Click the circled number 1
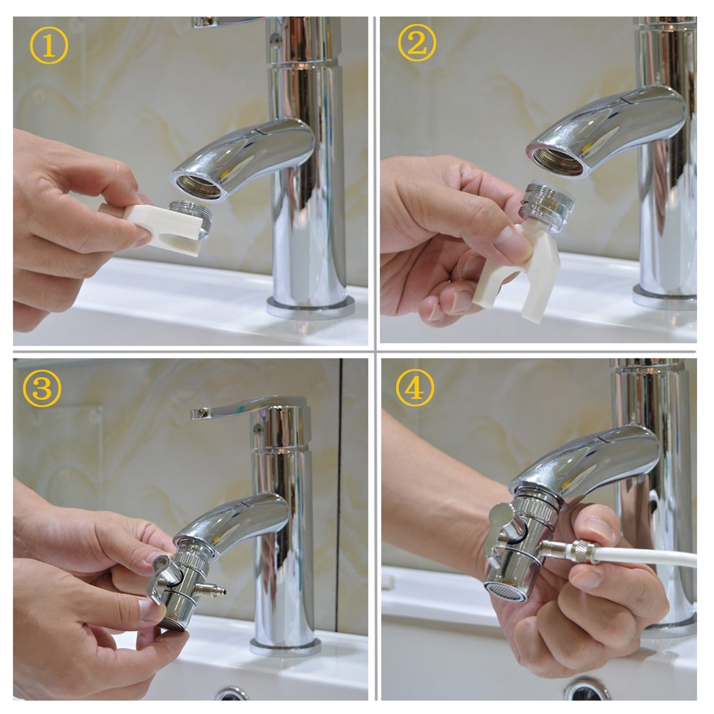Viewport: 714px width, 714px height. point(49,46)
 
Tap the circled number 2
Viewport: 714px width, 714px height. point(416,43)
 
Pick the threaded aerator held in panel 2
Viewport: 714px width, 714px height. point(546,196)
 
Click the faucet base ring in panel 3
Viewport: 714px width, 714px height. point(286,647)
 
